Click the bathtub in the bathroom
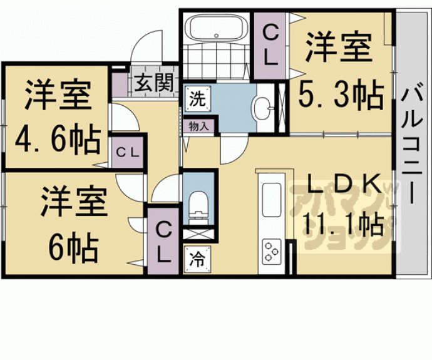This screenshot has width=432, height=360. (216, 28)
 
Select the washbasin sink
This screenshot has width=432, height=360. (262, 108)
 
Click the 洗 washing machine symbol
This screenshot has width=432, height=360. (198, 99)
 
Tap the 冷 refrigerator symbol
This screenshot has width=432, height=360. (198, 259)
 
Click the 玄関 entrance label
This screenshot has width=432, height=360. (154, 83)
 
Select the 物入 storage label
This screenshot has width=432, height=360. (198, 126)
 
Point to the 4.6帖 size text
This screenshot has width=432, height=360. (58, 139)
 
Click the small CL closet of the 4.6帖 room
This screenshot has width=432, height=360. (128, 152)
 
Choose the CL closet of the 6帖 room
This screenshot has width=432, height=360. (163, 241)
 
